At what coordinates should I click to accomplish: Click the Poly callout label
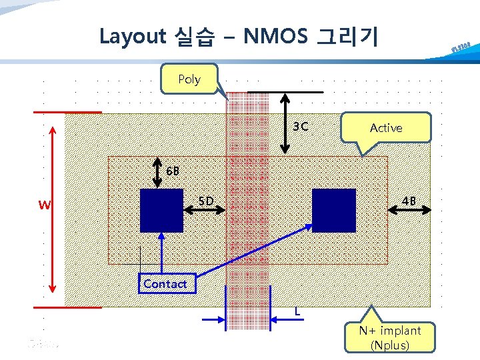pyautogui.click(x=189, y=79)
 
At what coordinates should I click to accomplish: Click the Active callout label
pyautogui.click(x=386, y=127)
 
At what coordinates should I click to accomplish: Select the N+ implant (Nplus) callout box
pyautogui.click(x=390, y=337)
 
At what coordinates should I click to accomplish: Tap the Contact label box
pyautogui.click(x=165, y=284)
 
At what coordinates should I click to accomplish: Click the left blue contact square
pyautogui.click(x=161, y=210)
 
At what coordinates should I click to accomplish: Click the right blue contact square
pyautogui.click(x=334, y=210)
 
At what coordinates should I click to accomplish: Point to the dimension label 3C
pyautogui.click(x=301, y=127)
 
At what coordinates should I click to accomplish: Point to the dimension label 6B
pyautogui.click(x=173, y=171)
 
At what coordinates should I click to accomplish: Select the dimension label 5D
pyautogui.click(x=207, y=201)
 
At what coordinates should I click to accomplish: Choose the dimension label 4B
pyautogui.click(x=409, y=201)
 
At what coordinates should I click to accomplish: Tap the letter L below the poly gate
pyautogui.click(x=297, y=311)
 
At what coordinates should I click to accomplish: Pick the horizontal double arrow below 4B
pyautogui.click(x=409, y=211)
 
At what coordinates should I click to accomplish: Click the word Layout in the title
pyautogui.click(x=132, y=36)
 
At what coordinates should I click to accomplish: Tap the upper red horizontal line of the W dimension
pyautogui.click(x=68, y=113)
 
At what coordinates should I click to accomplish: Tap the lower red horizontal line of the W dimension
pyautogui.click(x=68, y=308)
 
